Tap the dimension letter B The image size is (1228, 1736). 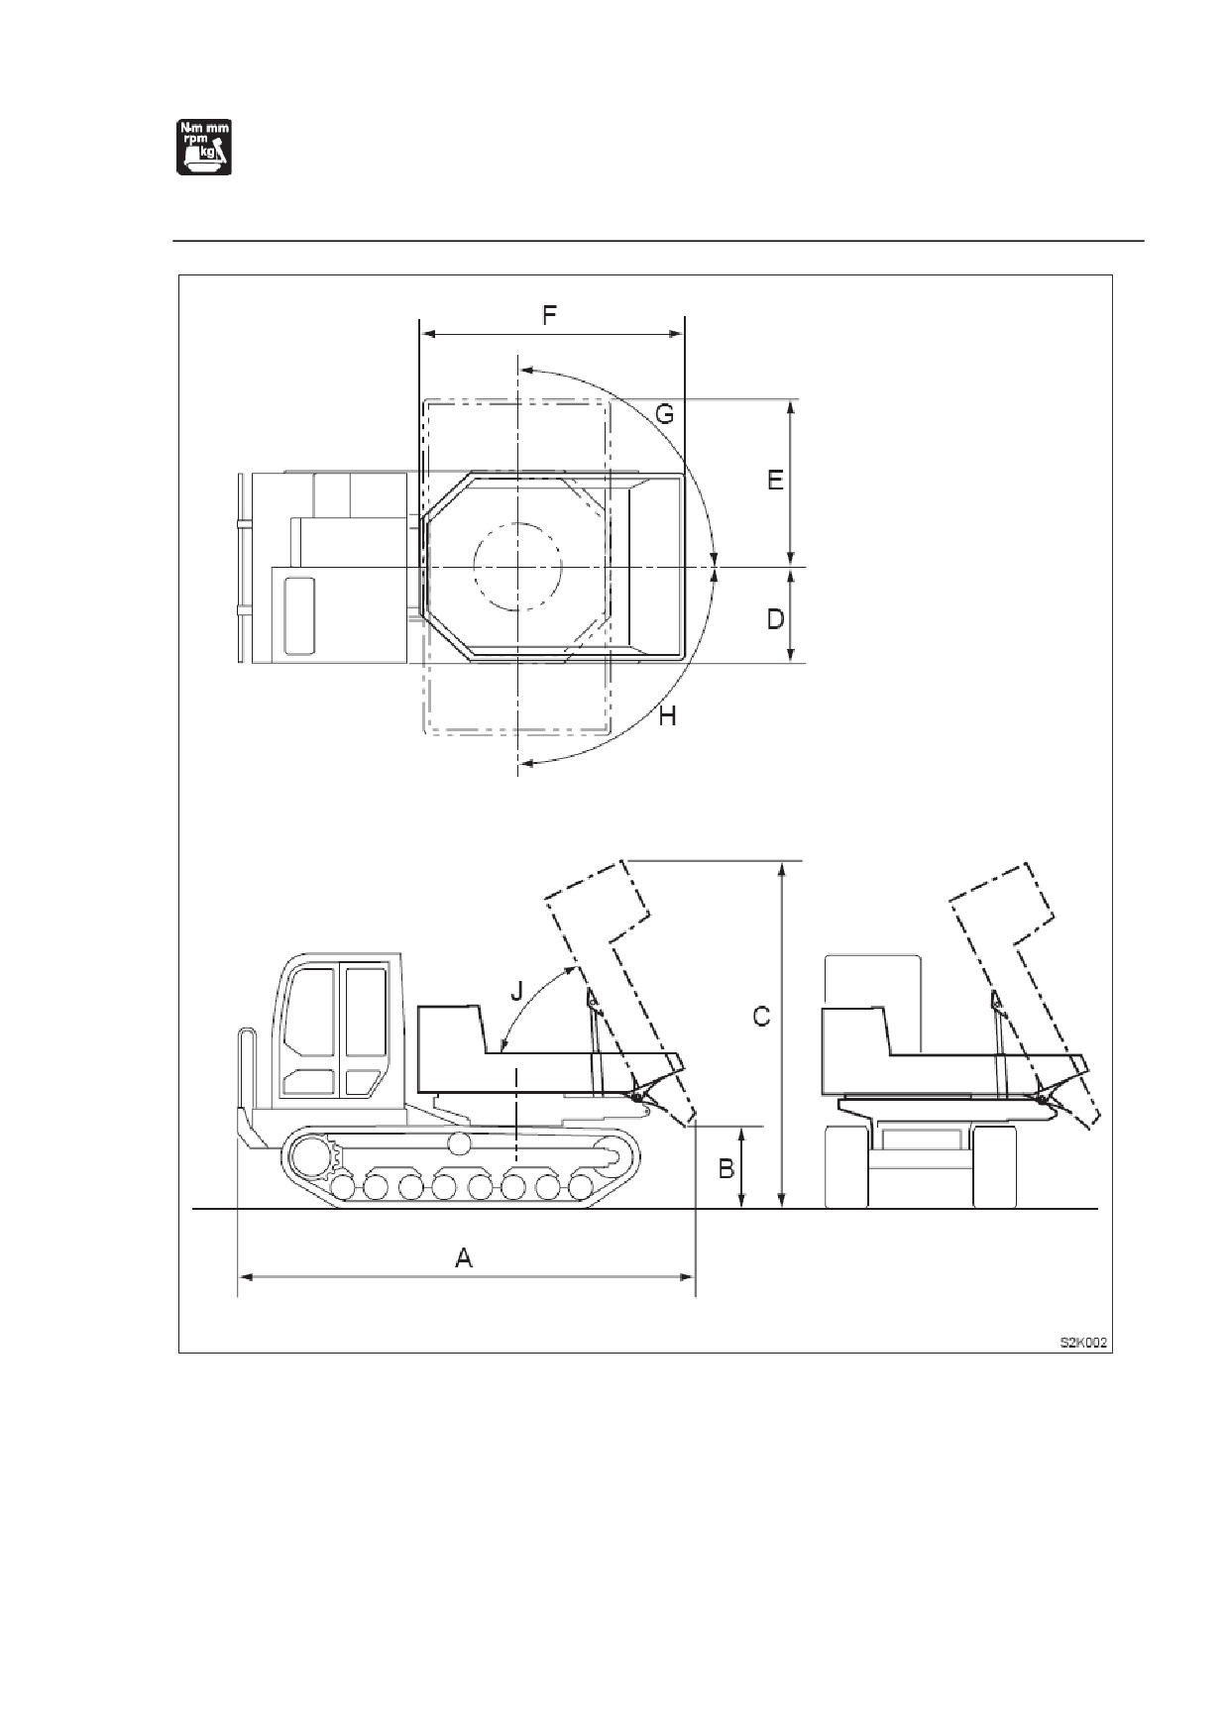[x=726, y=1168]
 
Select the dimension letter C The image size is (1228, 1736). [x=761, y=1017]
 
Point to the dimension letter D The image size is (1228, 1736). [x=775, y=619]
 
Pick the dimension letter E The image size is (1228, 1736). [x=775, y=480]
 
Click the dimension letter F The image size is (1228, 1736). [x=549, y=316]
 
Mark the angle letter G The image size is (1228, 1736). [x=665, y=413]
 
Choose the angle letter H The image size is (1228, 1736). [x=668, y=715]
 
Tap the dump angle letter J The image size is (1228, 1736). [x=515, y=990]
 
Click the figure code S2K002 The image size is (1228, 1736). [x=1083, y=1343]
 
